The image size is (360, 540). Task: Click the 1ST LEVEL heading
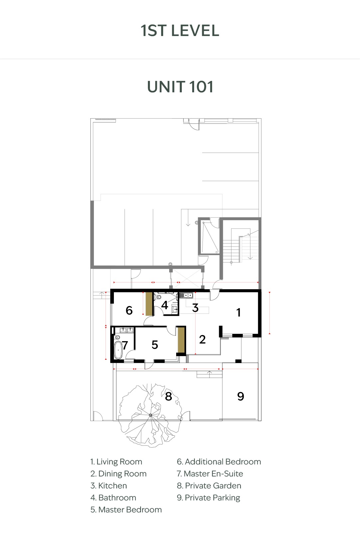tap(180, 31)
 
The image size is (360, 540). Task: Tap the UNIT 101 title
tap(180, 87)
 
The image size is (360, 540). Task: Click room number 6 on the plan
tap(129, 310)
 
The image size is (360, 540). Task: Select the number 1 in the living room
tap(238, 312)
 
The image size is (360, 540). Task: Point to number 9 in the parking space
tap(240, 396)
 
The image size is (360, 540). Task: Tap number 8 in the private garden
tap(169, 396)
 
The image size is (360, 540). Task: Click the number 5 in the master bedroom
tap(155, 345)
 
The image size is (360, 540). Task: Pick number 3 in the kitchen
tap(195, 308)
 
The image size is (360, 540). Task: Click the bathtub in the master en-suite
tap(118, 350)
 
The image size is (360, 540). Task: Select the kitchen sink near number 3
tap(186, 295)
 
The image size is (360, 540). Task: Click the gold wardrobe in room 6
tap(149, 304)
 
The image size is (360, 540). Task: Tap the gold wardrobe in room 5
tap(181, 340)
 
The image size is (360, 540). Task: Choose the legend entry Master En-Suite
tap(210, 474)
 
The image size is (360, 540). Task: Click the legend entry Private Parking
tap(208, 498)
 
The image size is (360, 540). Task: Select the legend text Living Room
tap(116, 462)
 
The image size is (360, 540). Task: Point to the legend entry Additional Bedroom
tap(219, 462)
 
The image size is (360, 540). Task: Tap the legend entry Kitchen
tap(109, 486)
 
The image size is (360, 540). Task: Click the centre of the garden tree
tap(151, 415)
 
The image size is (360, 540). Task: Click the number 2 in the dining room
tap(202, 339)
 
